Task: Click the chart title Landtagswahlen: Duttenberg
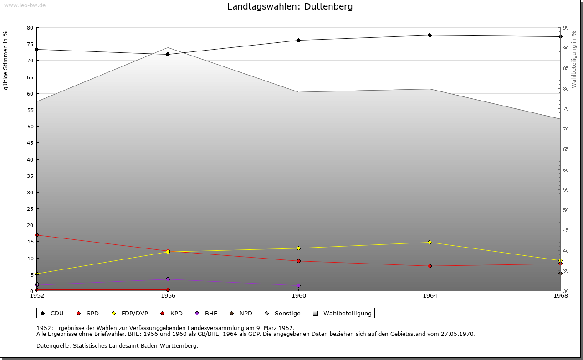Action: pos(290,7)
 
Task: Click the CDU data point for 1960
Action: pos(299,41)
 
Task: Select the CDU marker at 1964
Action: pos(430,35)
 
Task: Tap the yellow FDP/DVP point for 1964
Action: pos(430,243)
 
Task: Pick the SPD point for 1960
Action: pos(299,261)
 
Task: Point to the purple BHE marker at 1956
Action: pos(168,279)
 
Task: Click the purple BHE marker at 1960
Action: pos(299,286)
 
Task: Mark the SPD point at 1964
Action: pos(430,266)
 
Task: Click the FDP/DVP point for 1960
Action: pos(299,248)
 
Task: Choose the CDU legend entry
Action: pos(52,314)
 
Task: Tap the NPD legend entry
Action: pos(241,314)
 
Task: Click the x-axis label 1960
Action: pos(299,296)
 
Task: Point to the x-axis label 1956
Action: pos(168,296)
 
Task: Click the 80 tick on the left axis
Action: pos(30,28)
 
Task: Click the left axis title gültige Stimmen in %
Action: pos(6,60)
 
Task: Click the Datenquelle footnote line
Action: pos(117,346)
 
